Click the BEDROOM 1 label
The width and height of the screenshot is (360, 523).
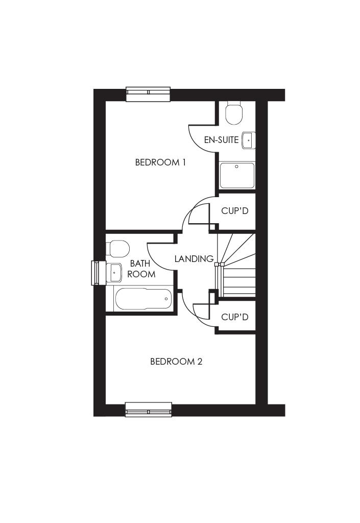coord(160,162)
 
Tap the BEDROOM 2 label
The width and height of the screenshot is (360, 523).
coord(176,362)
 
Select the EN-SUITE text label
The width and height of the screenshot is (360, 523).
coord(221,139)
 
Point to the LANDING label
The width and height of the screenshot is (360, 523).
coord(194,258)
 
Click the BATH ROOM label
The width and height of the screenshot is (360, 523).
coord(141,269)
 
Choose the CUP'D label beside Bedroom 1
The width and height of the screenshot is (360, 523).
coord(235,210)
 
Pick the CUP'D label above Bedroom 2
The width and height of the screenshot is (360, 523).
coord(235,317)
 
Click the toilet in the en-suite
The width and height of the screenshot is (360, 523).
coord(234,113)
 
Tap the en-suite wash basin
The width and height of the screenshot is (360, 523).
coord(248,139)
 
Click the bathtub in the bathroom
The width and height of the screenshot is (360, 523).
coord(143,299)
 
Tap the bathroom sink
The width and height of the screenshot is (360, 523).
coord(113,273)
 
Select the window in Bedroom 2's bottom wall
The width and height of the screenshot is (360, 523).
coord(149,410)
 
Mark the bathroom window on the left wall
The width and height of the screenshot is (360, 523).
coord(95,273)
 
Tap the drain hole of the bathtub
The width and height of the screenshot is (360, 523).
coord(166,298)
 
